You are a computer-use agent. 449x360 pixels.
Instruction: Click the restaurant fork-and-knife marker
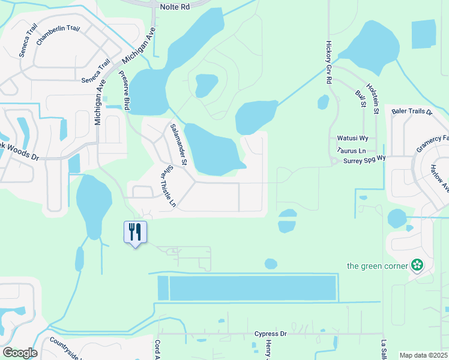tap(135, 232)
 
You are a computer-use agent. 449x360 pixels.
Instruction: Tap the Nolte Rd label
tap(175, 7)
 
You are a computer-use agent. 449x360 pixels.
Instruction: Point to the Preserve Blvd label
tap(124, 90)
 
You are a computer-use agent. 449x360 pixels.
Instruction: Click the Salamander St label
tap(179, 145)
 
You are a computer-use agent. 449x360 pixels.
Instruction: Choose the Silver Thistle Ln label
tap(167, 187)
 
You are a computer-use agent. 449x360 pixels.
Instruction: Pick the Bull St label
tap(361, 99)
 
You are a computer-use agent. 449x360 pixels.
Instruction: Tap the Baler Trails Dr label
tap(412, 112)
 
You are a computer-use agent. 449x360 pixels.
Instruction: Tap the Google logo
tap(19, 352)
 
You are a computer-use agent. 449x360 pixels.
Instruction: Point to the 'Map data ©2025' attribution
tap(423, 355)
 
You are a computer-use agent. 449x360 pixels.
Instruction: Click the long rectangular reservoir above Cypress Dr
tap(252, 288)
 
